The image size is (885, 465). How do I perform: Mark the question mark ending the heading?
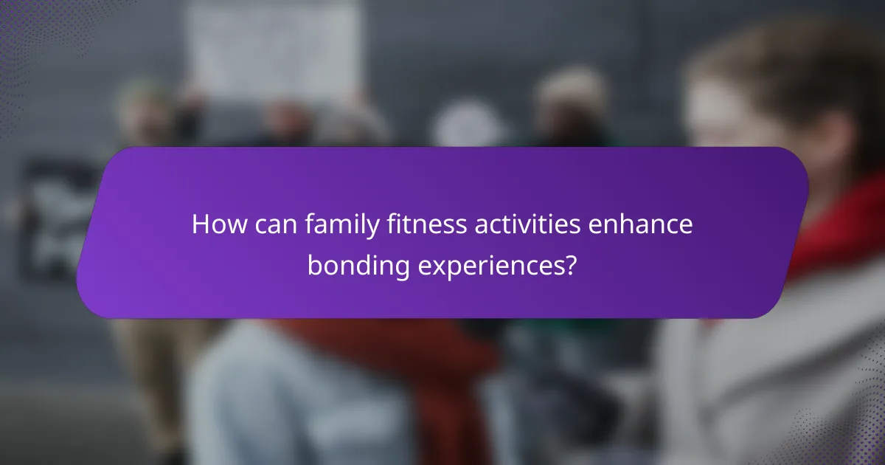point(569,266)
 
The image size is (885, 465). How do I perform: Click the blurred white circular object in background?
point(468,125)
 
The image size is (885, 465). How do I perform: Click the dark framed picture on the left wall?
point(55,221)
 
